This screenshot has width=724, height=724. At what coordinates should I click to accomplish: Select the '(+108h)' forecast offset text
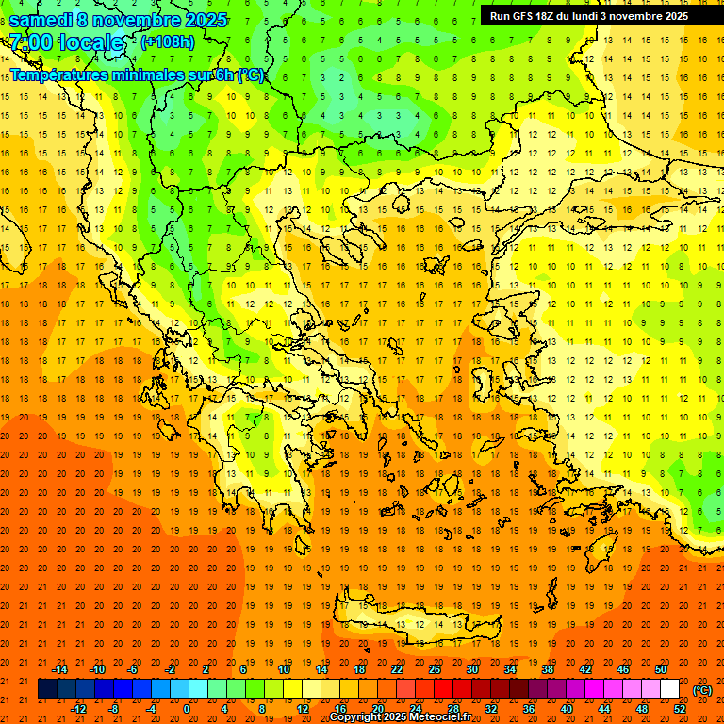[x=168, y=41]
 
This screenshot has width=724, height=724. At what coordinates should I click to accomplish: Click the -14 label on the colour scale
[x=59, y=669]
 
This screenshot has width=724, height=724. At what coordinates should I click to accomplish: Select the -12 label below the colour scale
[x=78, y=709]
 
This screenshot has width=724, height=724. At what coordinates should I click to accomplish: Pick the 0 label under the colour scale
[x=187, y=709]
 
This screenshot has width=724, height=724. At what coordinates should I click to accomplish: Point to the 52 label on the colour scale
[x=680, y=709]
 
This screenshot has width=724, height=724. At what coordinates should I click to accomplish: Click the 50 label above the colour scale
[x=661, y=669]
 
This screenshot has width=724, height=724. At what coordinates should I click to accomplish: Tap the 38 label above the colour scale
[x=548, y=669]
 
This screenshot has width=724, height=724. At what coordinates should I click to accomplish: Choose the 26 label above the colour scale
[x=435, y=669]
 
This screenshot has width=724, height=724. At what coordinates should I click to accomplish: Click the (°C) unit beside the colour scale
[x=702, y=690]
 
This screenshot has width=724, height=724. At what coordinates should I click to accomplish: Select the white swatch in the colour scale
[x=670, y=689]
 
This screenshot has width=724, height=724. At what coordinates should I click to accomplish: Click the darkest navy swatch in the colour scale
[x=47, y=689]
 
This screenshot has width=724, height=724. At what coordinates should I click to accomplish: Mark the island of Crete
[x=415, y=623]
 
